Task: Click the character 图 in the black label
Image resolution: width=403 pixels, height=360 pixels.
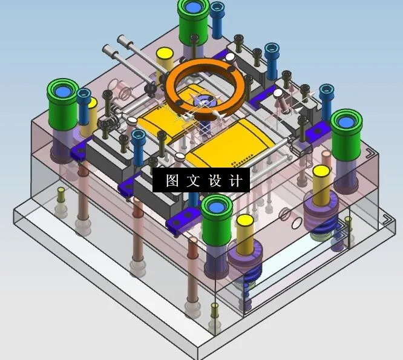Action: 172,181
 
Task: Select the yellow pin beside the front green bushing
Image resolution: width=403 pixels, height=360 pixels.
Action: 245,233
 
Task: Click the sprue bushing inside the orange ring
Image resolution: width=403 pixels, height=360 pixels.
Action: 203,100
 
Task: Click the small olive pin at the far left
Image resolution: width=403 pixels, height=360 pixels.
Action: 61,197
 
